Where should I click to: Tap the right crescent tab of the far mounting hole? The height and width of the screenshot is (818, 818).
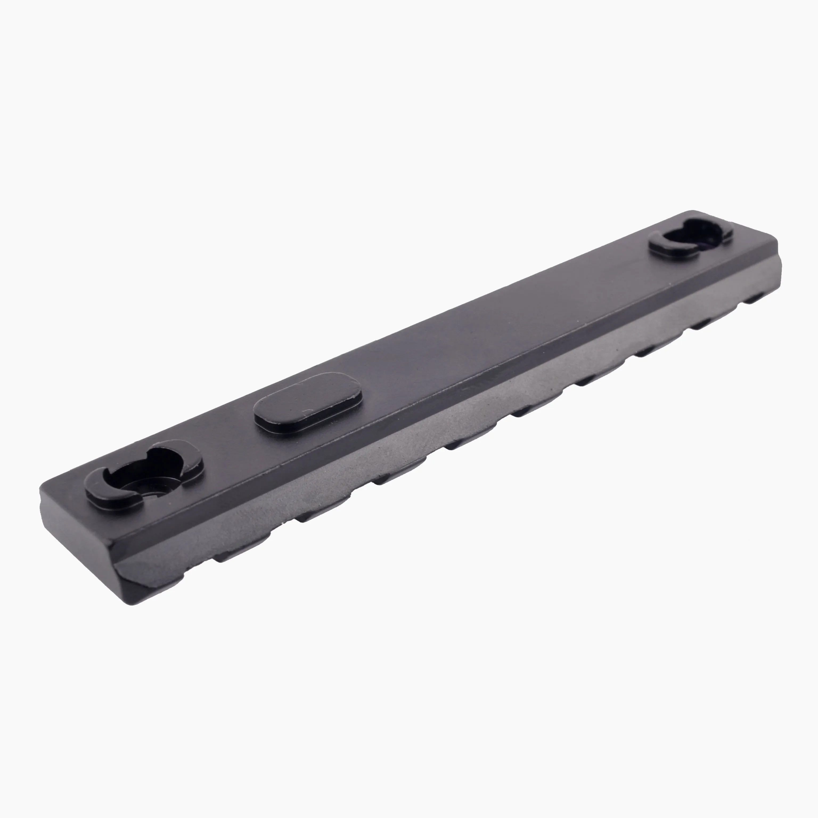click(720, 231)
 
